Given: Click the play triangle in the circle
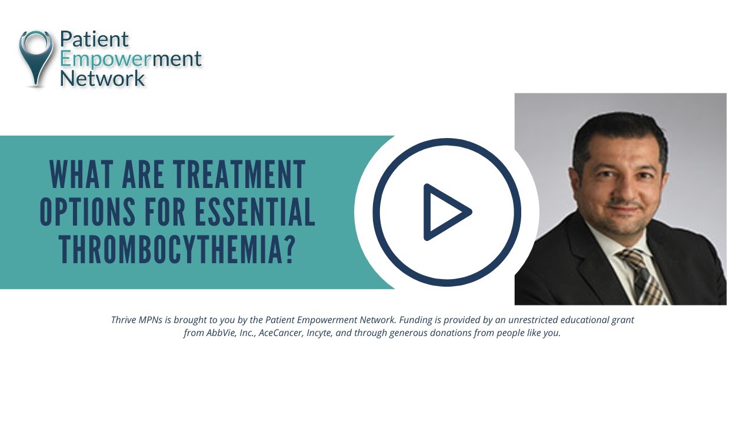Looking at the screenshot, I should tap(446, 212).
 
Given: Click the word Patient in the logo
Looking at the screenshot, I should tap(94, 39).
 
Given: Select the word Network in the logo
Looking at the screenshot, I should tap(102, 78).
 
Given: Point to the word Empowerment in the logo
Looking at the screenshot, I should tap(131, 59).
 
